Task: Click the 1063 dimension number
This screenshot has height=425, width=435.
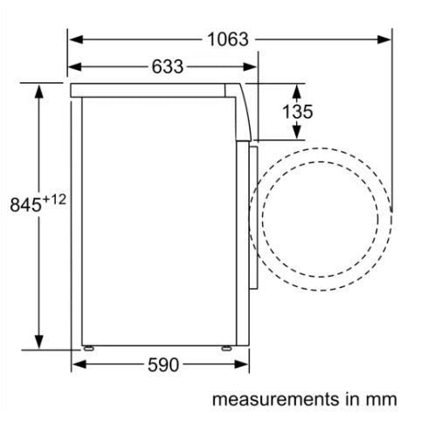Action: point(228,39)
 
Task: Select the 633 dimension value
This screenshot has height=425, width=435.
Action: point(168,66)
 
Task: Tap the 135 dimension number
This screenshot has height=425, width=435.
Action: point(298,112)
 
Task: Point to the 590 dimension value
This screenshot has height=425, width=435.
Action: point(163,365)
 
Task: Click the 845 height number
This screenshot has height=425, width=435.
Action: point(26,204)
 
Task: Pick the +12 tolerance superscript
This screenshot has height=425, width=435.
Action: point(54,200)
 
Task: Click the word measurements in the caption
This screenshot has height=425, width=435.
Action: point(276,399)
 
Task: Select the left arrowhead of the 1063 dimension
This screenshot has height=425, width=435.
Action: point(76,39)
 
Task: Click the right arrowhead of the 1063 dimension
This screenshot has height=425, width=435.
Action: point(383,39)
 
